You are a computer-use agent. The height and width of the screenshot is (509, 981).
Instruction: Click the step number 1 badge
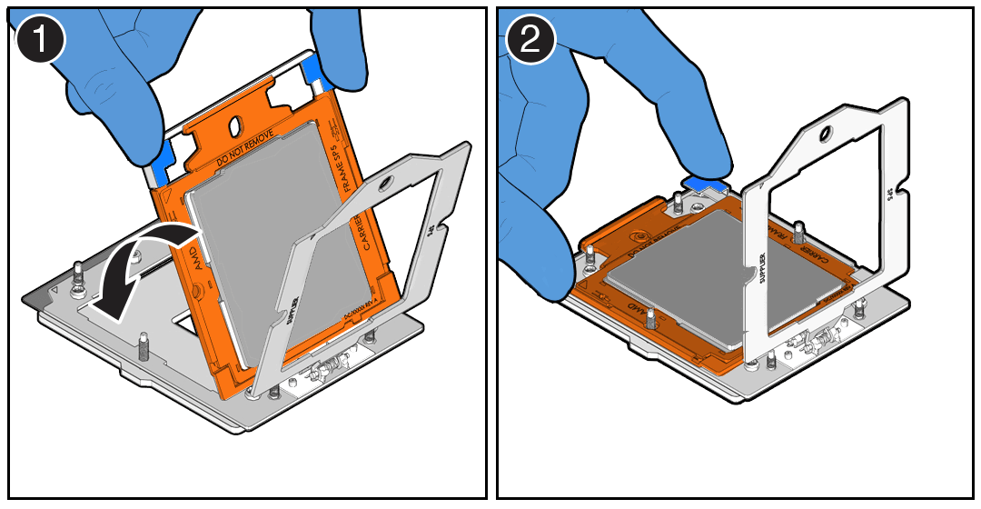click(38, 42)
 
